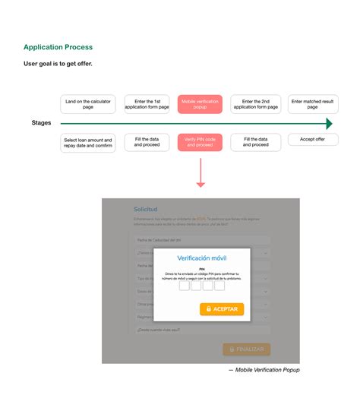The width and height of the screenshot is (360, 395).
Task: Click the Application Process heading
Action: coord(58,47)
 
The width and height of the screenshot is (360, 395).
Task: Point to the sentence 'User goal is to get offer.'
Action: coord(58,63)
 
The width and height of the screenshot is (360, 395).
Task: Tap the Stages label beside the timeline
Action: coord(42,123)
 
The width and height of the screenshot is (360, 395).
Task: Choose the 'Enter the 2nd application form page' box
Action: coord(255,104)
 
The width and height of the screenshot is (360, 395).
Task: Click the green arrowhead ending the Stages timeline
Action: coord(330,123)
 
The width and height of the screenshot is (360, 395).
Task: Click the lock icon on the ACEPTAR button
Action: coord(207,309)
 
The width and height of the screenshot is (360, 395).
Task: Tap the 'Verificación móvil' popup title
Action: coord(201,258)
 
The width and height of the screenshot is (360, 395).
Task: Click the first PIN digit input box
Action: coord(185,286)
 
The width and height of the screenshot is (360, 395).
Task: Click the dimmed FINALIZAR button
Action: coord(246,349)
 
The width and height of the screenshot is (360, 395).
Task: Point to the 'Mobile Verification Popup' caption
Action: coord(264,370)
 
